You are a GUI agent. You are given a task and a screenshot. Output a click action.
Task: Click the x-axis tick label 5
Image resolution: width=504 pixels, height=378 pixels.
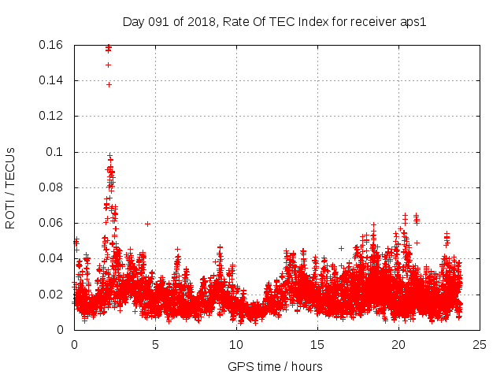tap(155, 344)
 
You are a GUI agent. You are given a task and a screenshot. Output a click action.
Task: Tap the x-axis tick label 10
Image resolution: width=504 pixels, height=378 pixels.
tap(236, 344)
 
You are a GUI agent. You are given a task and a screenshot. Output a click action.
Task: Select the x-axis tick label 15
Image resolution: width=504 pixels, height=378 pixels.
tap(317, 344)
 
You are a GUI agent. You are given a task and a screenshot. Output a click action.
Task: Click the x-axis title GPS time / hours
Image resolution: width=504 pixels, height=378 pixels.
tap(275, 366)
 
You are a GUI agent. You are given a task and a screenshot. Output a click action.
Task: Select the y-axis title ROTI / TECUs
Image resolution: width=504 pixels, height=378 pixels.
tap(10, 187)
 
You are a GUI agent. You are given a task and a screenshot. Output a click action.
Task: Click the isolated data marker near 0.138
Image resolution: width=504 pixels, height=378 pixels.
tap(109, 84)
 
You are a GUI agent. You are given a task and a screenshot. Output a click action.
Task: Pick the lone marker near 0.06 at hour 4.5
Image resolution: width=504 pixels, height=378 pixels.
tap(147, 224)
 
